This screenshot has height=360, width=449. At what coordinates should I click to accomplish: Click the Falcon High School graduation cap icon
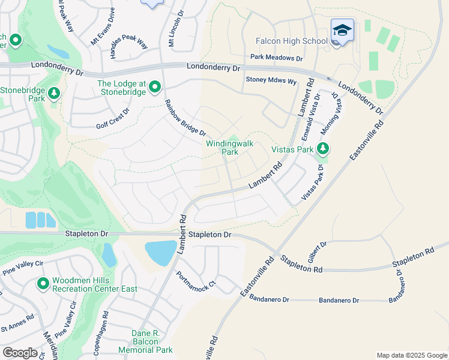pos(342,29)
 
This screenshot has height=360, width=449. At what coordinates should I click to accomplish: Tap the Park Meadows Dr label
pos(277,58)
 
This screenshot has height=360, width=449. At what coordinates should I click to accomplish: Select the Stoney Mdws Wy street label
pos(271,80)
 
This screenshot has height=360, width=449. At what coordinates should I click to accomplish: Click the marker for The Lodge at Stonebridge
pos(155,88)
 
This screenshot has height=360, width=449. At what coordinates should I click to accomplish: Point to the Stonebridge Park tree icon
pos(54,93)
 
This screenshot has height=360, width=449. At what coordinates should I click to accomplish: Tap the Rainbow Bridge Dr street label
pos(185,117)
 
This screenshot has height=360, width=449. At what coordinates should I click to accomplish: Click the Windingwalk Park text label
pos(230,148)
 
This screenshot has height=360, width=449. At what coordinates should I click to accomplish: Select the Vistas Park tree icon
pos(323,148)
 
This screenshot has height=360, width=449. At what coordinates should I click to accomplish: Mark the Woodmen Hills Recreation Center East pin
pos(43,283)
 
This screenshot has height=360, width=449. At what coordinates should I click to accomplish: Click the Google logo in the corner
pos(20,352)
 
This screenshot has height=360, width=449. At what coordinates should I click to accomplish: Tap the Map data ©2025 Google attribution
pos(411,355)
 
